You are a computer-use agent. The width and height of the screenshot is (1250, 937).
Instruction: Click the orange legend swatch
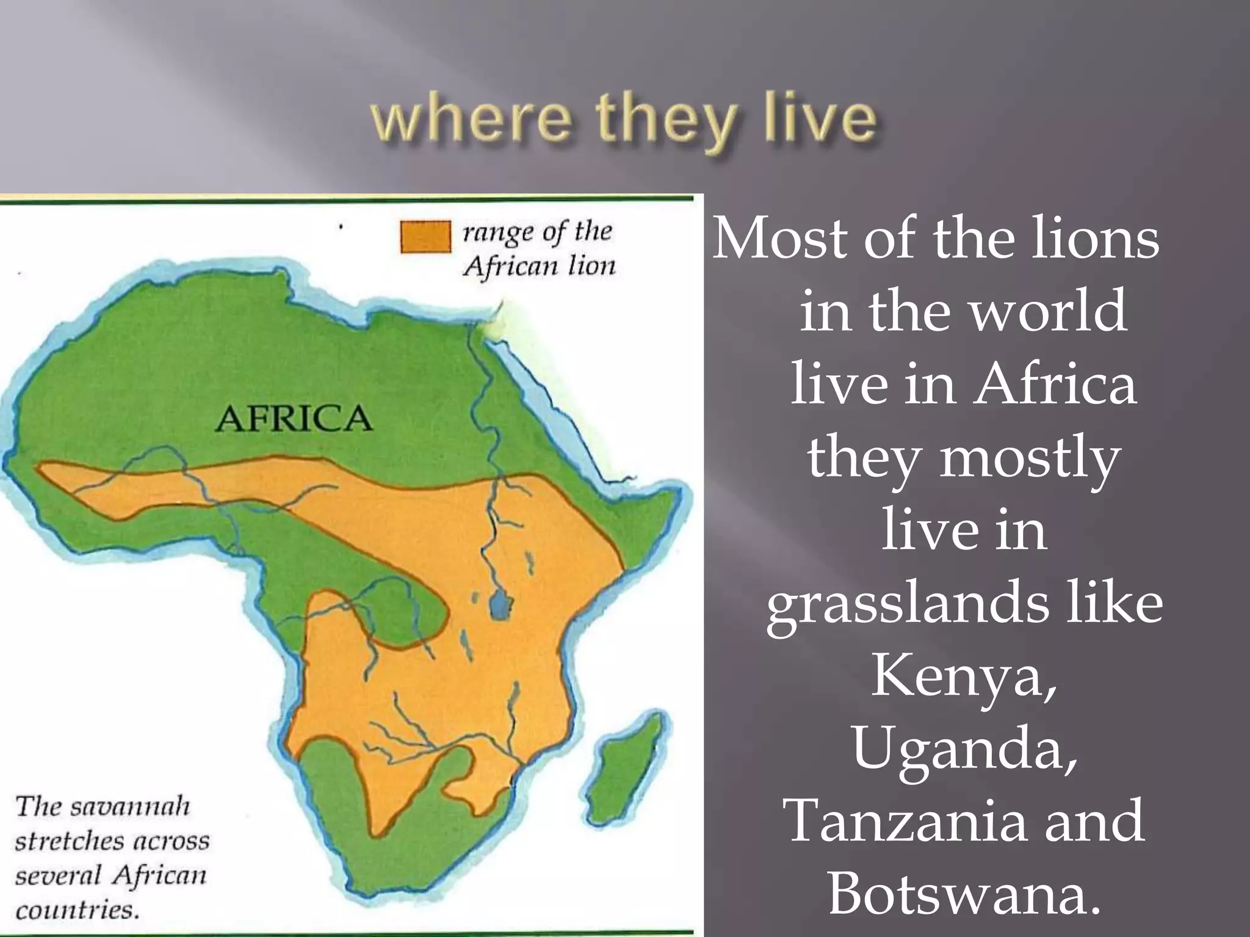425,237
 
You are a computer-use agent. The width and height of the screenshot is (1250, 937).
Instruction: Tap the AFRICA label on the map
294,419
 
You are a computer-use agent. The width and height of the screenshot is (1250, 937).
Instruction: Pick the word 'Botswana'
964,894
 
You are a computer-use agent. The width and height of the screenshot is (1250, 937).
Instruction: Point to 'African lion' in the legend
539,266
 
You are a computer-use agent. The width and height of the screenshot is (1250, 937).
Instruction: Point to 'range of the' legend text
537,232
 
